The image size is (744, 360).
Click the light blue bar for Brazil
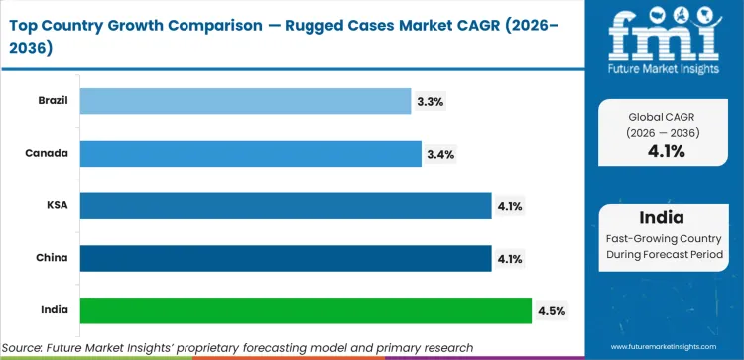(x=244, y=101)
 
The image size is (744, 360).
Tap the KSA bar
(x=285, y=206)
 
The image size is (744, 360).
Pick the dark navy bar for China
(x=285, y=258)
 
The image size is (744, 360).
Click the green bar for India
(x=305, y=310)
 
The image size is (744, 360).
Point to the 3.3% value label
(x=430, y=101)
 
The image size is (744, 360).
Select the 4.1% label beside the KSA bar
(x=511, y=206)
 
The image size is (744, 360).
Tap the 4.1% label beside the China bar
(x=511, y=258)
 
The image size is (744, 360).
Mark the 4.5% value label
(x=552, y=310)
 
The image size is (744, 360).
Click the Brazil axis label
(x=53, y=101)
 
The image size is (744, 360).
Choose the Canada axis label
(x=50, y=154)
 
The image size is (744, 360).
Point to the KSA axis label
(x=58, y=206)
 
